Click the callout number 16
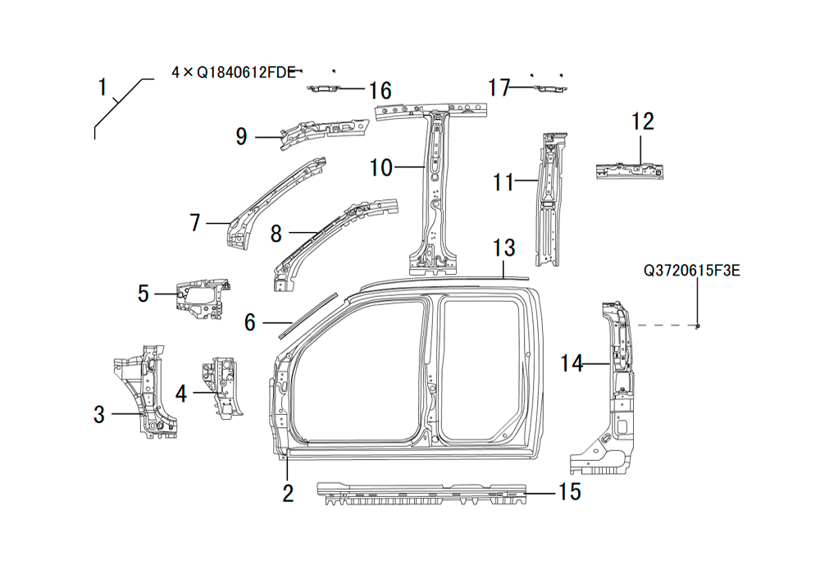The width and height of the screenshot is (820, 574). tap(380, 90)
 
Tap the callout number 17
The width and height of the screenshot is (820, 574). tap(499, 88)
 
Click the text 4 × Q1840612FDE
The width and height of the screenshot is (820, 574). tap(233, 72)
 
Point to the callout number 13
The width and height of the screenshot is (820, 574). tap(503, 247)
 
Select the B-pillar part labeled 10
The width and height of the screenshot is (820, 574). tap(434, 189)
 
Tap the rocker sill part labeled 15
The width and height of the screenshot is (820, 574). tap(418, 493)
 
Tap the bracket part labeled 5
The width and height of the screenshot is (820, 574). tap(201, 297)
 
